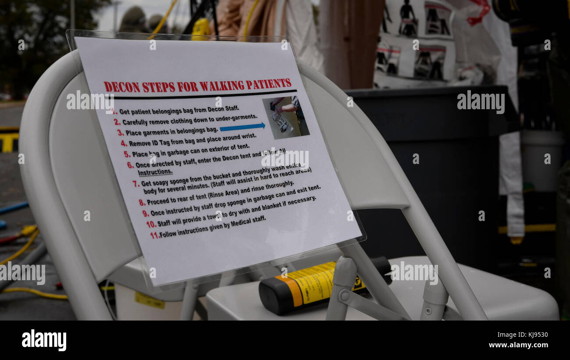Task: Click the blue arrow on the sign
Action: [x=242, y=127]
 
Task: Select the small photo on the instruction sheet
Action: [x=285, y=118]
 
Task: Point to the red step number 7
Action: [x=136, y=184]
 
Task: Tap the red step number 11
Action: [x=154, y=235]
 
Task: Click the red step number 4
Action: [x=124, y=143]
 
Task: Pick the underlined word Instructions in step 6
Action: [x=155, y=172]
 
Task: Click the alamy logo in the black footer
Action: [x=44, y=340]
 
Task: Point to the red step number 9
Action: [x=146, y=214]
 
